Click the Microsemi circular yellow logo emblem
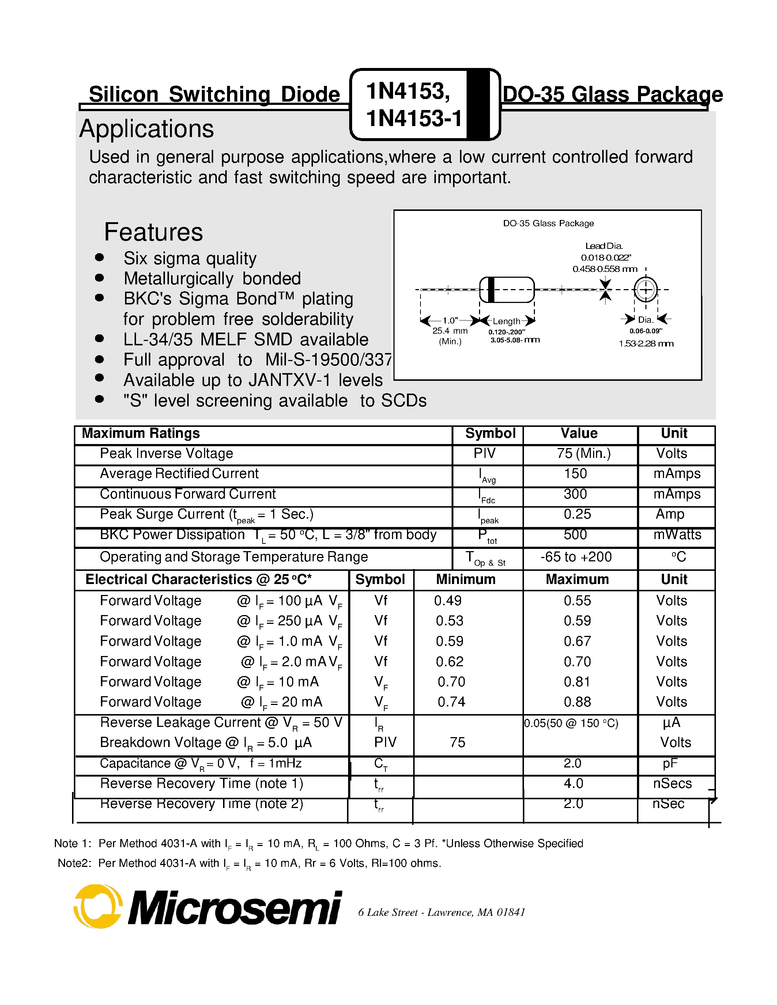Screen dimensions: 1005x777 (98, 906)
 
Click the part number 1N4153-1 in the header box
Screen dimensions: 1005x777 (413, 119)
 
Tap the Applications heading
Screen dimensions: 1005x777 (146, 129)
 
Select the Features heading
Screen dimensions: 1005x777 (153, 232)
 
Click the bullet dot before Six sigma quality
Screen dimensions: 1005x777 (99, 258)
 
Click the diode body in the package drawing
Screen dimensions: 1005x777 (507, 289)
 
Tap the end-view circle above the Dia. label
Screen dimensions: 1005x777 (645, 289)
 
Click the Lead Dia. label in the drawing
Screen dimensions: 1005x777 (603, 246)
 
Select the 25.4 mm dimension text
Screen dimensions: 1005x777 (450, 331)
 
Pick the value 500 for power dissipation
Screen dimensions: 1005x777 (576, 535)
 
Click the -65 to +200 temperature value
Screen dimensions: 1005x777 (576, 557)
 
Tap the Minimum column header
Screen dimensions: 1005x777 (466, 579)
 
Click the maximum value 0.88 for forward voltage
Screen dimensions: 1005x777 (577, 702)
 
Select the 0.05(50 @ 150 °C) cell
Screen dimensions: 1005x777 (571, 723)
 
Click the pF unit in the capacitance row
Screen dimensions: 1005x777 (670, 764)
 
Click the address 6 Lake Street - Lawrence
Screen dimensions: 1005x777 (441, 912)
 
